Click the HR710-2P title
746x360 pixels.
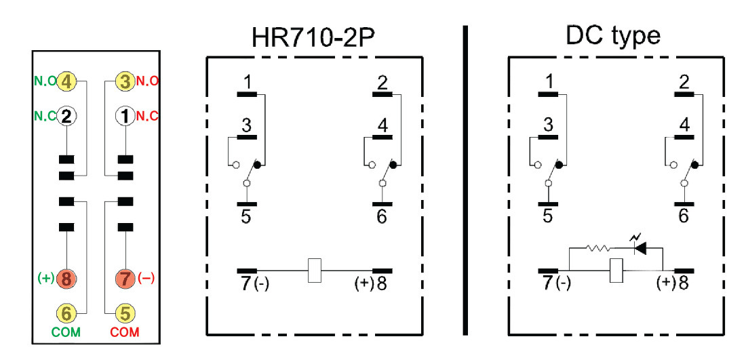click(314, 35)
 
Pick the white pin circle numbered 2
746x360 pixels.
click(66, 116)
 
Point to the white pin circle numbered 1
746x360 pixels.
click(125, 116)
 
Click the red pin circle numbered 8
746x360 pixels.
click(66, 278)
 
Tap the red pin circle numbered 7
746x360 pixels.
click(125, 278)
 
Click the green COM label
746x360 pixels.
click(66, 333)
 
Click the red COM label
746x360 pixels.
click(125, 333)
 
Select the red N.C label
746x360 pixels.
click(148, 116)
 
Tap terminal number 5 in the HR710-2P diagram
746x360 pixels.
click(246, 216)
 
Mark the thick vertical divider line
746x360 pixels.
click(466, 180)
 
